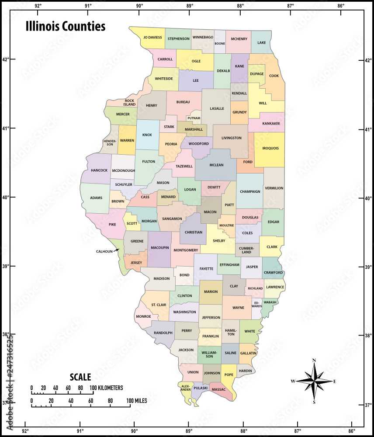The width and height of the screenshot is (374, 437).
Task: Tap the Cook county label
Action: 274,76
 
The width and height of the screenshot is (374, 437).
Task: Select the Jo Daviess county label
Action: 152,38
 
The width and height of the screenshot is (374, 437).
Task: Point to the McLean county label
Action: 217,165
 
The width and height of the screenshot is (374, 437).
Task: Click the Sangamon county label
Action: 172,218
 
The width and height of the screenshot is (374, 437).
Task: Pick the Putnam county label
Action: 194,118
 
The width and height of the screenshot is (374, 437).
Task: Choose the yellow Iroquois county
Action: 270,148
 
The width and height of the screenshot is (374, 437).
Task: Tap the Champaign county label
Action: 250,191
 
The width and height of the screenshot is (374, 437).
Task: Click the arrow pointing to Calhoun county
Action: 116,250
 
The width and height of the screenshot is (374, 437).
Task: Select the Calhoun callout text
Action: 105,251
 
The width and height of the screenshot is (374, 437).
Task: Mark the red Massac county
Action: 218,389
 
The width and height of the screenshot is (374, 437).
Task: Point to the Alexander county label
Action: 186,388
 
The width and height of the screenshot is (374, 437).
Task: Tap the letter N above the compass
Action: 314,361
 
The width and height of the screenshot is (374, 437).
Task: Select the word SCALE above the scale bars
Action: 80,377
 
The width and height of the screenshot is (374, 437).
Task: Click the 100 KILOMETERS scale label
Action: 107,388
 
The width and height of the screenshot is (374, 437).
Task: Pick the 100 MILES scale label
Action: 136,400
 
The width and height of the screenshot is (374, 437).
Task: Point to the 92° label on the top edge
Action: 38,6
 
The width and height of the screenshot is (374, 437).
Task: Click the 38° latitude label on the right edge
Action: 369,336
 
